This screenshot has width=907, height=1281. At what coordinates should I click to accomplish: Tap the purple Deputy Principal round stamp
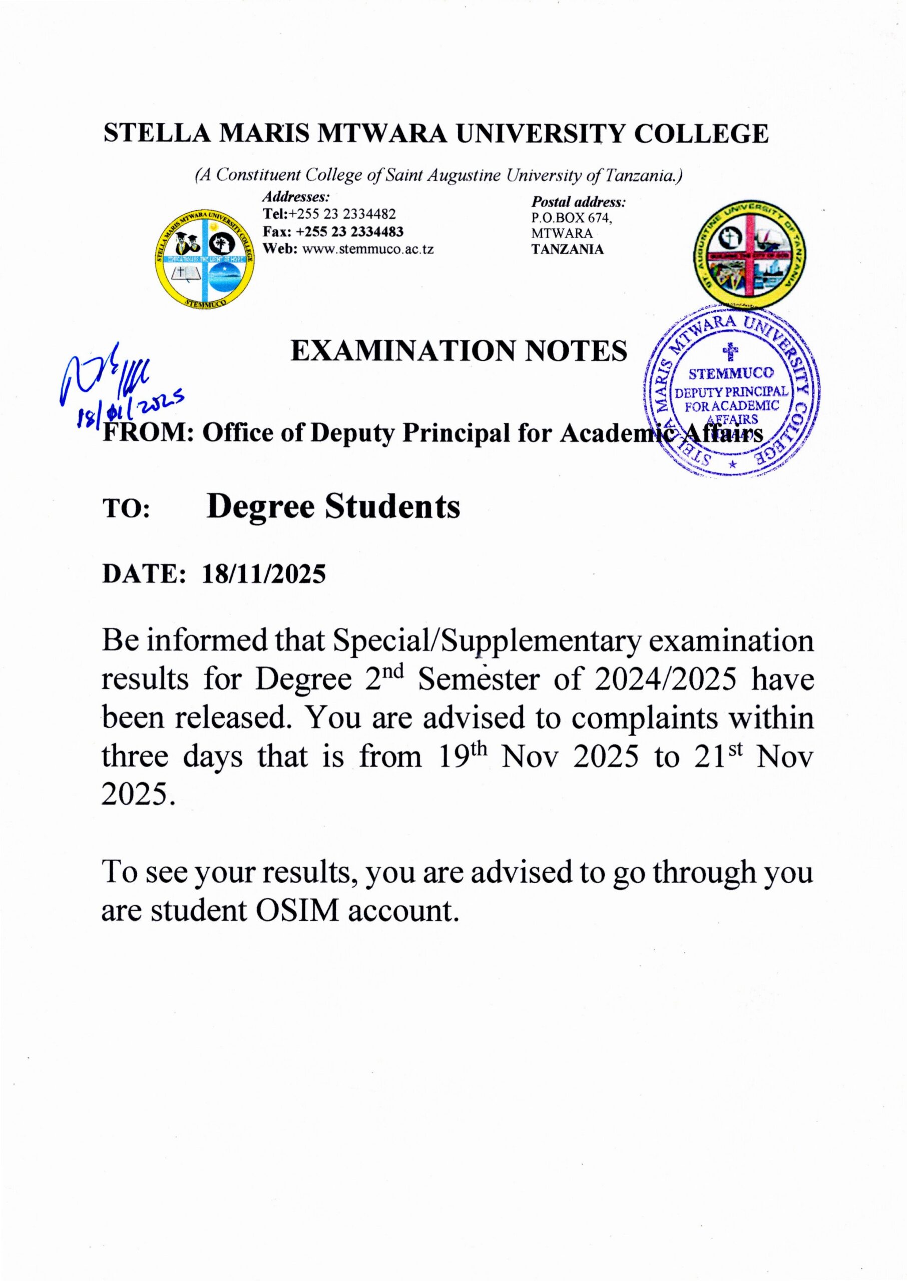point(732,391)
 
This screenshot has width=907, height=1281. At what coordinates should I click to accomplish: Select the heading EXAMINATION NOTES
point(459,352)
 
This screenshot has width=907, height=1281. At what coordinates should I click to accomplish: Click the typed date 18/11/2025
point(264,573)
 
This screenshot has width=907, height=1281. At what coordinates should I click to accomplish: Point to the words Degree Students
point(333,507)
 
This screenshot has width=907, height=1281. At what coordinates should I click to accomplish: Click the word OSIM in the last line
point(298,910)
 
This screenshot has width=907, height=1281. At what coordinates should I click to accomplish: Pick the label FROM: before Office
point(148,434)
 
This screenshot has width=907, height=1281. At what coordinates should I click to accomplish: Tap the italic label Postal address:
point(578,202)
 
